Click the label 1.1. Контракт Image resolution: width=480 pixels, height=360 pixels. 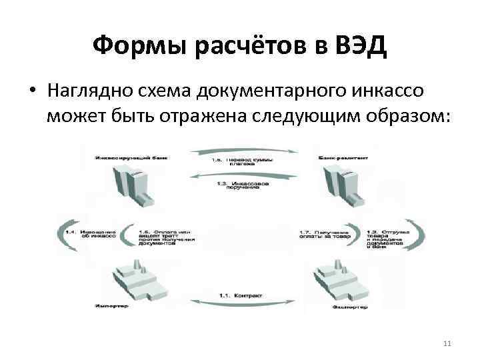pos(241,295)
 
